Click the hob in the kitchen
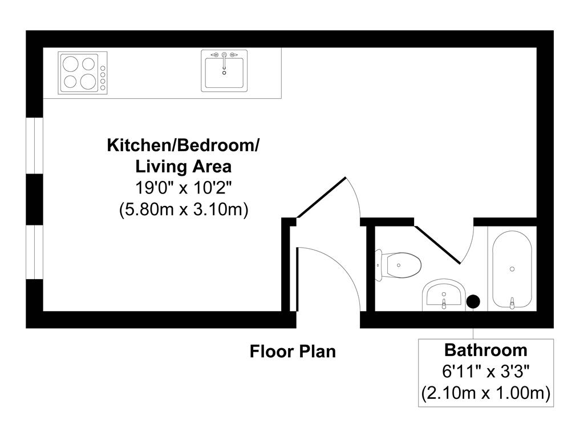[x=82, y=72]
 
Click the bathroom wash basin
[x=443, y=296]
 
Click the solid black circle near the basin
[x=473, y=301]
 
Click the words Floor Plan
[x=293, y=351]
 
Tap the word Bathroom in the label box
[x=485, y=349]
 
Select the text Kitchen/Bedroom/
[x=182, y=145]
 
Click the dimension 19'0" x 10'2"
[x=182, y=188]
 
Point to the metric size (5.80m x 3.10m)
[x=182, y=209]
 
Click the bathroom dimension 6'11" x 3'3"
[x=485, y=372]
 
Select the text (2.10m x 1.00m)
[x=485, y=393]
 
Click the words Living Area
[x=182, y=167]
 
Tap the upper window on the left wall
[x=35, y=144]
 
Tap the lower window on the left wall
[x=35, y=252]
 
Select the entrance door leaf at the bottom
[x=298, y=279]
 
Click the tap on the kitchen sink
[x=225, y=56]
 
